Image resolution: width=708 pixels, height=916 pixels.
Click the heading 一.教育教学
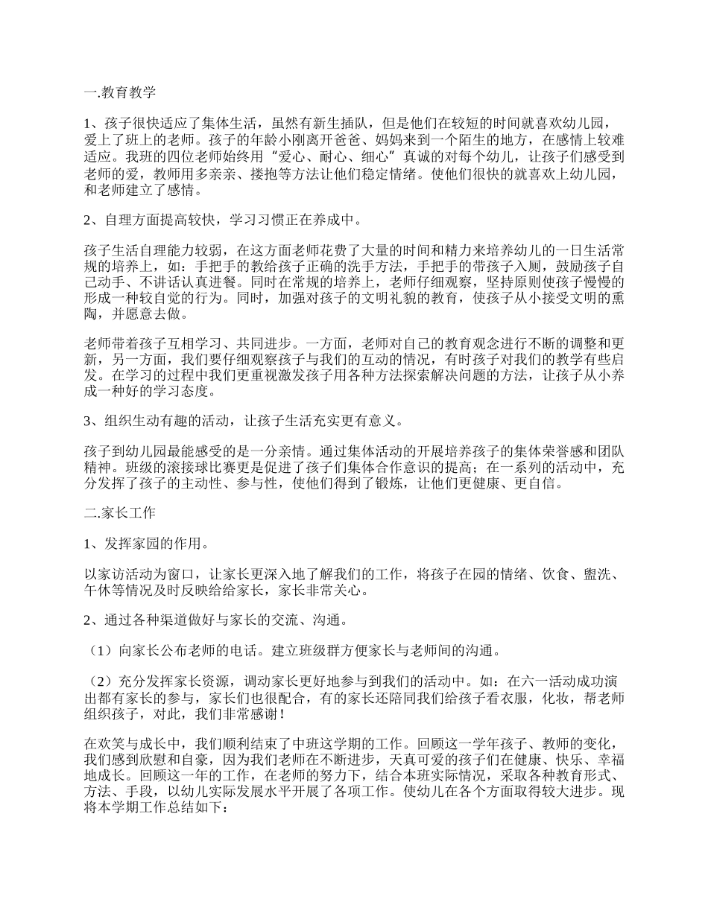pos(120,93)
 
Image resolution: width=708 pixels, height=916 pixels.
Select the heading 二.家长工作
pos(120,513)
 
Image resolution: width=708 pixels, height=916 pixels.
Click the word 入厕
pos(498,266)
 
